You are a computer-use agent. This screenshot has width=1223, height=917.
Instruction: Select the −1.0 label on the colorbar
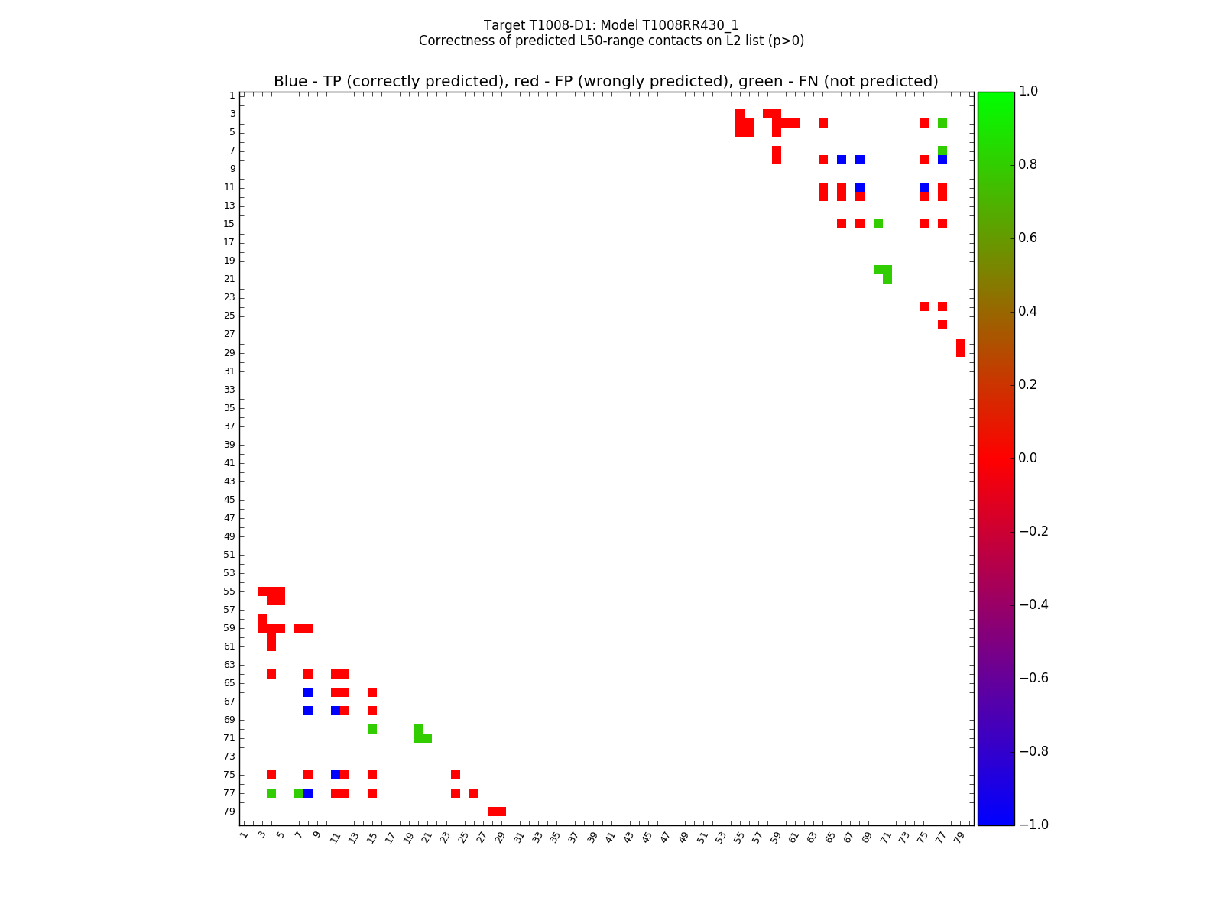coord(1033,825)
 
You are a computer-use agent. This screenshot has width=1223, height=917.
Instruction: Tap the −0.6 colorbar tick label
coord(1033,678)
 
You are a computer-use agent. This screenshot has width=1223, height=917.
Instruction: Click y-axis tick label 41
coord(229,463)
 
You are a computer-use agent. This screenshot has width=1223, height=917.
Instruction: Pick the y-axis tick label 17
coord(229,242)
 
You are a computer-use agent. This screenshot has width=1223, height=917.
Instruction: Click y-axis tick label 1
coord(232,96)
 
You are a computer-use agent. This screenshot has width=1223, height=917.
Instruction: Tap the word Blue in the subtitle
coord(290,82)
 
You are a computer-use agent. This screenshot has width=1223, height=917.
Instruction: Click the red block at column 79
coord(961,348)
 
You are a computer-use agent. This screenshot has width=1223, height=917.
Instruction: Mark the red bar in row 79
coord(497,812)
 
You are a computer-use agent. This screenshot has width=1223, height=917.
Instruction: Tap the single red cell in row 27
coord(942,325)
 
